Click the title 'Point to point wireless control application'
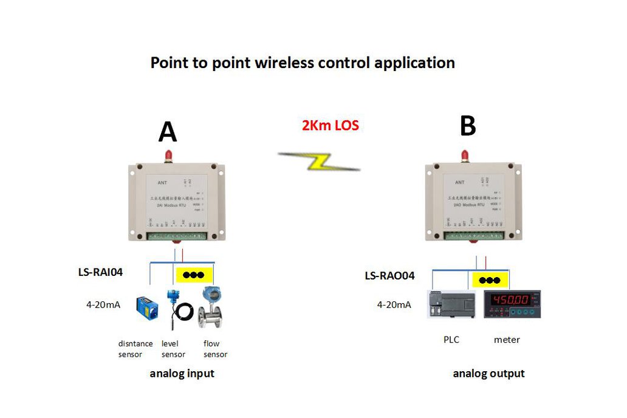[303, 63]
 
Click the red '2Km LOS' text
[331, 126]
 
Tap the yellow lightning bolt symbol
[319, 161]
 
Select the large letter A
[168, 132]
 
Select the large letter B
[468, 126]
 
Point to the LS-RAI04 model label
[100, 272]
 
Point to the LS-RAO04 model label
[389, 276]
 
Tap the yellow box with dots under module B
[490, 280]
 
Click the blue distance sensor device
[148, 307]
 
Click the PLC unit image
[450, 304]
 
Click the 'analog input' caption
[182, 374]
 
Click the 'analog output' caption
[488, 374]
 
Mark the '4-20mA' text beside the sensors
[103, 304]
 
